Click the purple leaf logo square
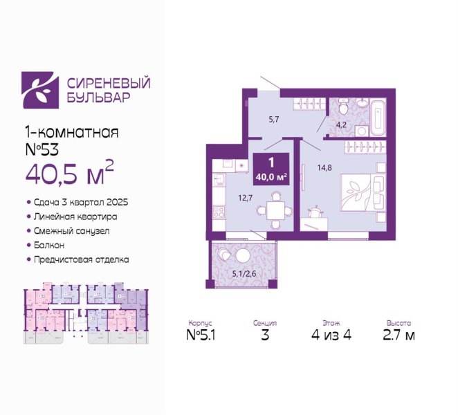tap(40, 90)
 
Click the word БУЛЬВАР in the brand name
tap(98, 98)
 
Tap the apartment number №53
tap(42, 149)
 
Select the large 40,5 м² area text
tap(69, 174)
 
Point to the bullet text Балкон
tap(49, 245)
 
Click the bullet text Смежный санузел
tap(71, 231)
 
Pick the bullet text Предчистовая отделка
tap(81, 259)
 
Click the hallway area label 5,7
tap(274, 119)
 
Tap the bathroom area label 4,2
tap(341, 125)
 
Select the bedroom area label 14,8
tap(324, 168)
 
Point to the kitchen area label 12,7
tap(245, 198)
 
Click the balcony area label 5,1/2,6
tap(244, 274)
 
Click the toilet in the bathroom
tap(343, 107)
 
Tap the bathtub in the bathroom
tap(378, 116)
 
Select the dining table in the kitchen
tap(275, 210)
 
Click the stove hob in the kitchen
tap(219, 212)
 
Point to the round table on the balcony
tap(242, 256)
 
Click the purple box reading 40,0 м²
tap(271, 169)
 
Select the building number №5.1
tap(201, 335)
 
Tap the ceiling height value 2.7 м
tap(399, 335)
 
